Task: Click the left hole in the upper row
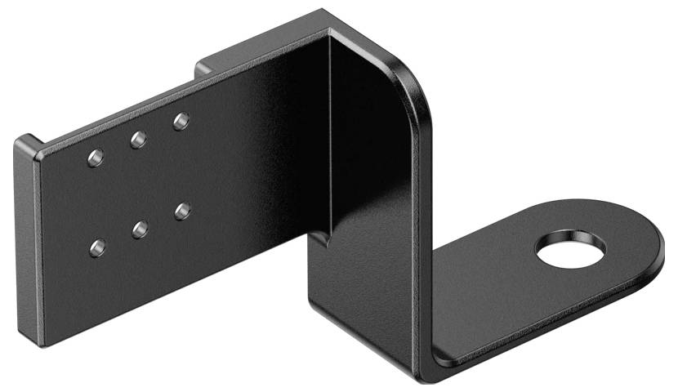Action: point(96,157)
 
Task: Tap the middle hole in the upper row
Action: point(138,140)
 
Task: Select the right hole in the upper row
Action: point(181,122)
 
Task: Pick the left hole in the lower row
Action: point(97,247)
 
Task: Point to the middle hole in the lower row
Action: point(140,229)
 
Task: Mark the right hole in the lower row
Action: point(182,211)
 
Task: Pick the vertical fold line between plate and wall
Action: point(329,131)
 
